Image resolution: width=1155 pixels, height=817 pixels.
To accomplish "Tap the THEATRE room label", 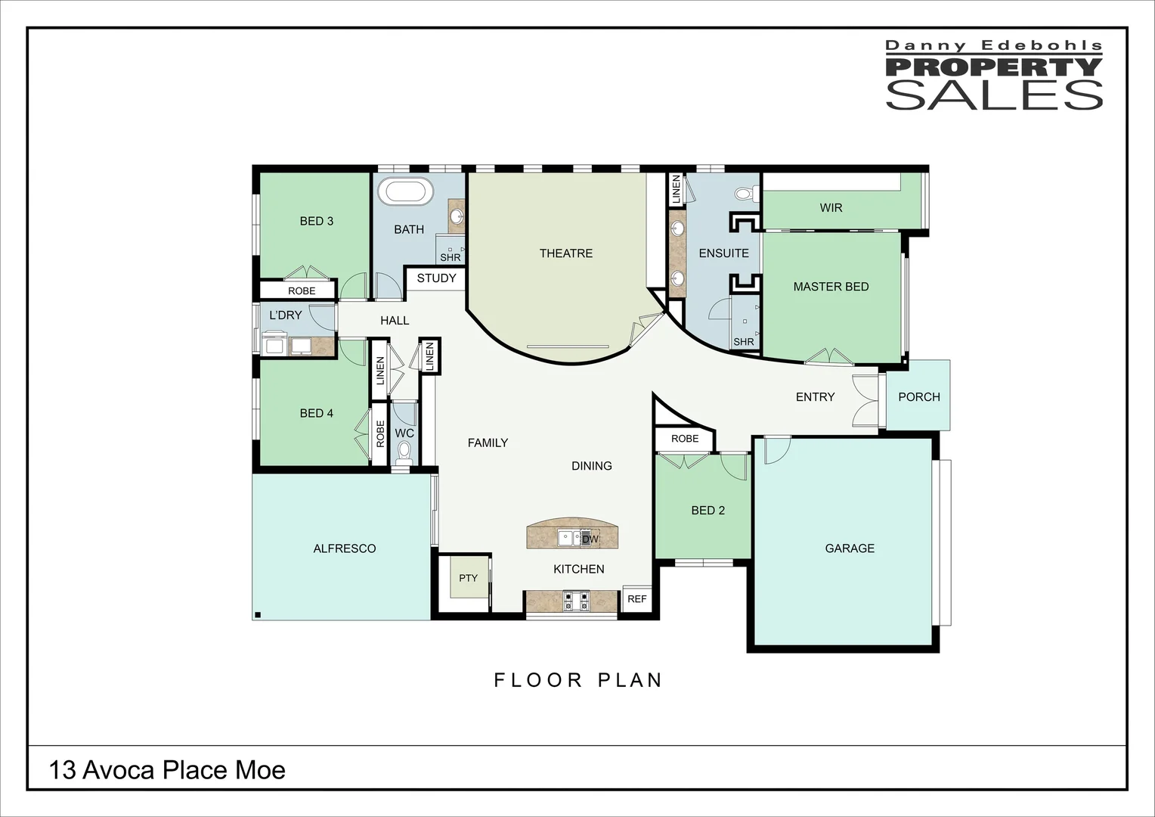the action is click(566, 253).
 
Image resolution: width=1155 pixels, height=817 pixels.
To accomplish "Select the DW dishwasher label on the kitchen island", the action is click(590, 539).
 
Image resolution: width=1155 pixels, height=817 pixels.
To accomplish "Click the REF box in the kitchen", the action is click(636, 598).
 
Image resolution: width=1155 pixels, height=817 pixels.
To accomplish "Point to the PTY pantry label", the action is click(468, 578).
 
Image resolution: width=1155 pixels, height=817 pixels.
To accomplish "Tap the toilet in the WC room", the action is click(404, 451).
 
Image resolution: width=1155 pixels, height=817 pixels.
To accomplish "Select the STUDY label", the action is click(437, 278).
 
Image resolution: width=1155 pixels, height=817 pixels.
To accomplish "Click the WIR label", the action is click(831, 207).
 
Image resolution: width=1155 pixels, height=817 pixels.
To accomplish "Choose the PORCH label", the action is click(919, 397).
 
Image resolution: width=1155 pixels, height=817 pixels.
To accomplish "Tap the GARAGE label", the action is click(850, 548).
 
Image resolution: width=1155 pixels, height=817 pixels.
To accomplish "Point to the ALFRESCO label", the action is click(345, 548).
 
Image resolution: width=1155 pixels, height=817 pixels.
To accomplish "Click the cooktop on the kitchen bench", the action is click(576, 601).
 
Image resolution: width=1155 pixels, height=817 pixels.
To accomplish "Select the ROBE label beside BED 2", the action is click(685, 439).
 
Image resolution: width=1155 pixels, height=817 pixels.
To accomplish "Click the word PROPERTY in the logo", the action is click(993, 67).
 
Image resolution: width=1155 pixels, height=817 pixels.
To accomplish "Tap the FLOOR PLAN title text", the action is click(578, 680).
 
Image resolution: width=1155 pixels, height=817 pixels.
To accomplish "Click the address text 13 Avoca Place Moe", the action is click(167, 770).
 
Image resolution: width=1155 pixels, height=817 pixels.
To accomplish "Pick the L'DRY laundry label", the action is click(286, 315).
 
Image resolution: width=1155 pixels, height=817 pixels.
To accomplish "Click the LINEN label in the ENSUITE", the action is click(677, 189).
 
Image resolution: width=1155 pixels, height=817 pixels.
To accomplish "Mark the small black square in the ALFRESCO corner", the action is click(258, 615).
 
